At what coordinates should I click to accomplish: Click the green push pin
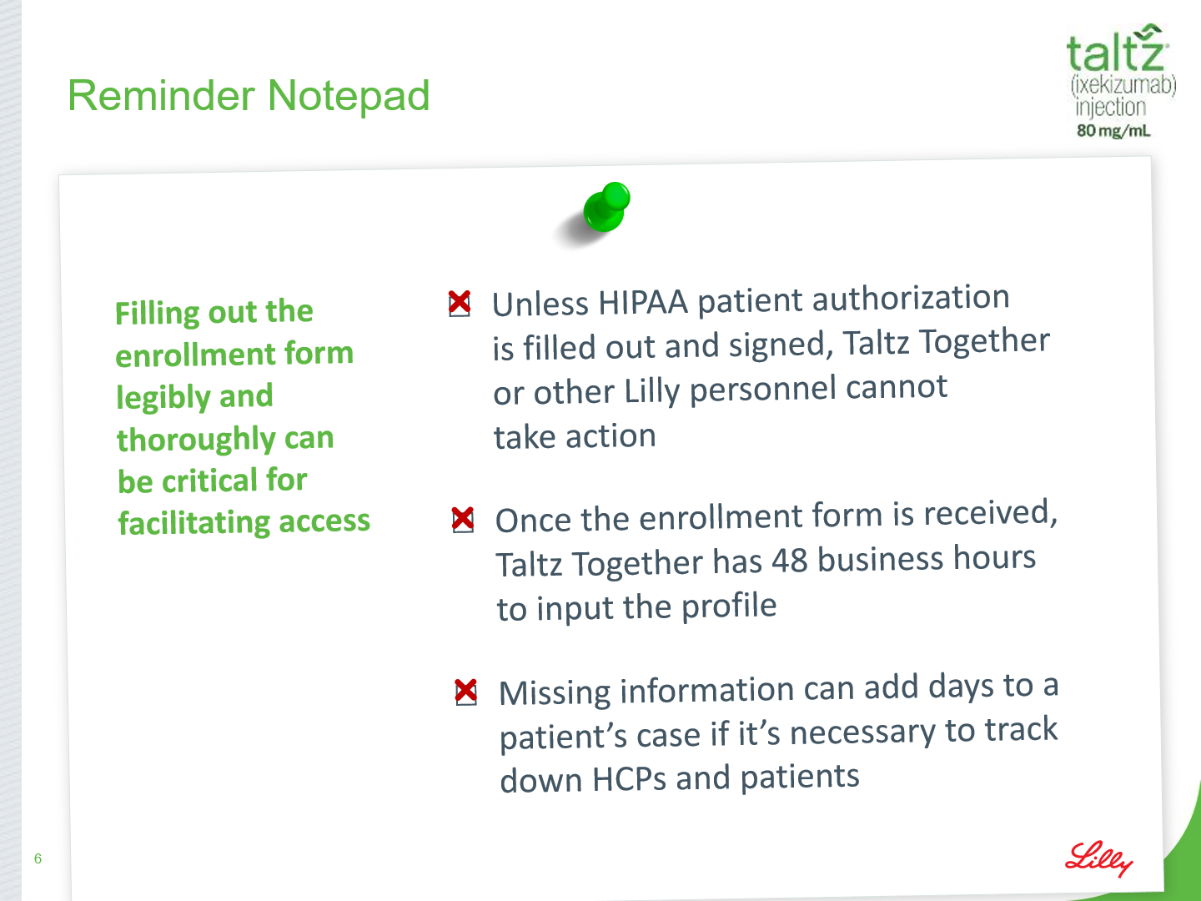607,207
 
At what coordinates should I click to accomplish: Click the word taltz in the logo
1117,50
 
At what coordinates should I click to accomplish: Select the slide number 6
38,858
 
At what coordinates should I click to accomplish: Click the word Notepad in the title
348,96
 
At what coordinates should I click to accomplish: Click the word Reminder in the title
161,96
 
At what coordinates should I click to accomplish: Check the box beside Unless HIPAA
460,304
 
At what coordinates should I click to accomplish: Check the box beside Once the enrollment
463,520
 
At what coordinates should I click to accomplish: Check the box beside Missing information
466,692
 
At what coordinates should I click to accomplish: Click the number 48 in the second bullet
790,561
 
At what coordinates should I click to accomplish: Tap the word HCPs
629,779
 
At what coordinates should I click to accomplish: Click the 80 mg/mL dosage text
1113,131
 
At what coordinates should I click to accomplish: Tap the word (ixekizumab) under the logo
1123,86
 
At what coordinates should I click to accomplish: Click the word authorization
911,298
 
